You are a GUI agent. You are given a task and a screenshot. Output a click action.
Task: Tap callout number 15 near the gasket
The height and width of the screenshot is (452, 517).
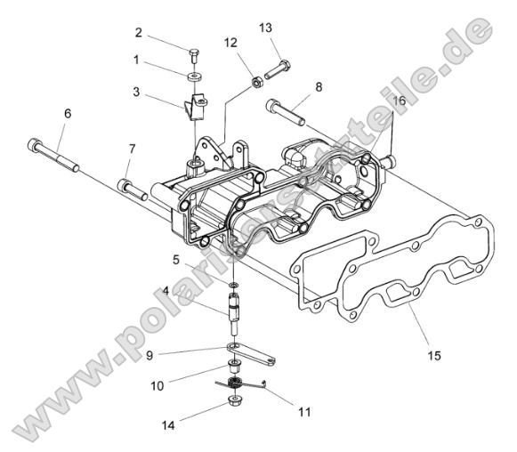coord(408,356)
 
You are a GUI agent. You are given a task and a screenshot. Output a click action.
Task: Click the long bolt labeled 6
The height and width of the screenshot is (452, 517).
coord(55,153)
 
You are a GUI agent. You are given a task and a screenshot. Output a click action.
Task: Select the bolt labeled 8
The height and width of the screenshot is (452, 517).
coord(285,112)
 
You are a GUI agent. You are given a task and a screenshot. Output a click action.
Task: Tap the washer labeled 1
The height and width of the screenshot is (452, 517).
coord(194,75)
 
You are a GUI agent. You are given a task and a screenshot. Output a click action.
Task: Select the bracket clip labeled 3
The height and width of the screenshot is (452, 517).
coord(195,107)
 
